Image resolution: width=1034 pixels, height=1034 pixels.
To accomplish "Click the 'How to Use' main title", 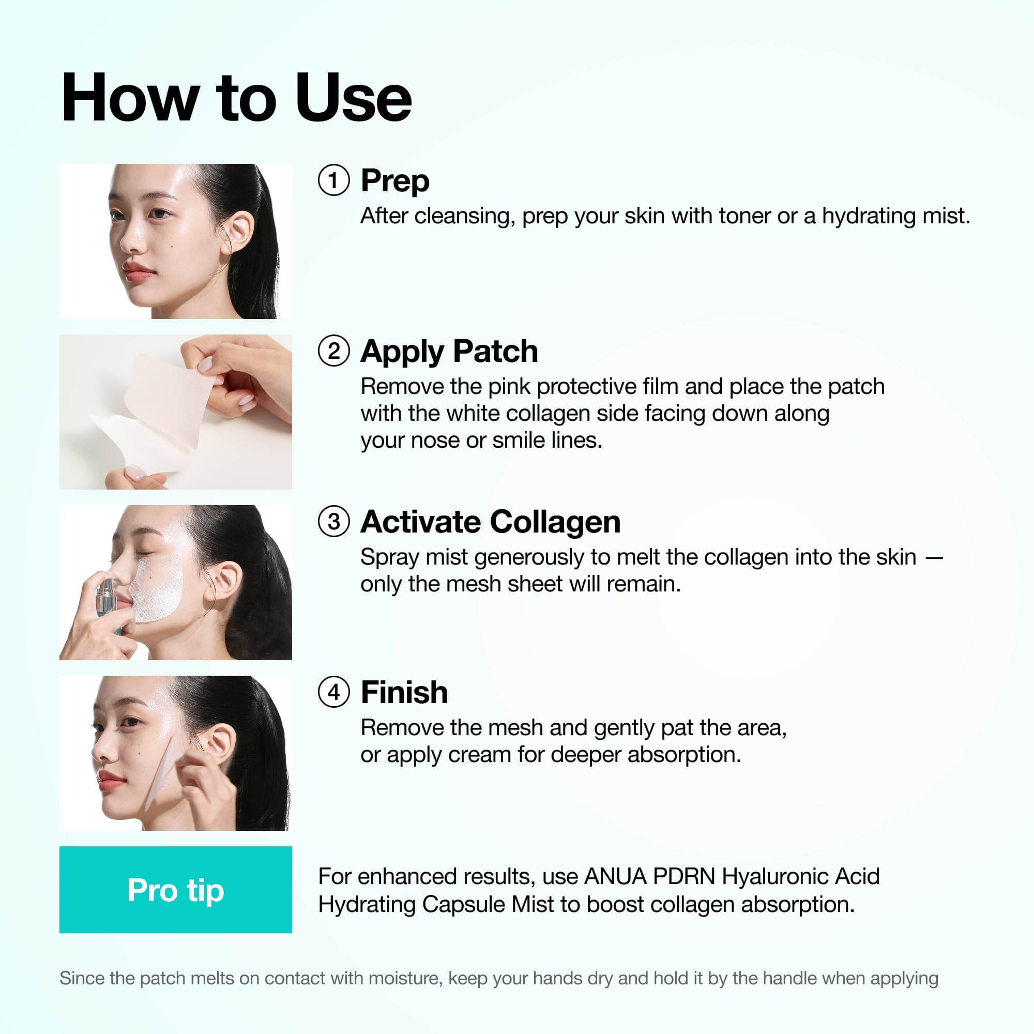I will (x=236, y=98).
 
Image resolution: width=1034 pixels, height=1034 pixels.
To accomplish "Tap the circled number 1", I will (x=333, y=180).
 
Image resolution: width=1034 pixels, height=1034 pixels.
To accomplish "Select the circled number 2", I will (x=333, y=351).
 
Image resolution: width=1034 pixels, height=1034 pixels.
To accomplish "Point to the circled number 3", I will (x=333, y=521).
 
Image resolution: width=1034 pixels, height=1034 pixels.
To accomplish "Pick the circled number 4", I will (x=333, y=692).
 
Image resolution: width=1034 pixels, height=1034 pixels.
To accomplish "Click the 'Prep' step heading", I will (x=395, y=181).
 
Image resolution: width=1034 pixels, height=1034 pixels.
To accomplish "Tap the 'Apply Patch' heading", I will (x=449, y=352).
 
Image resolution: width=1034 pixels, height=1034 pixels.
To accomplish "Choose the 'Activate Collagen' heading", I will (x=490, y=522).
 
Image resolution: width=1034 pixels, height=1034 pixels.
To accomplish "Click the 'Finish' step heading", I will (x=404, y=693).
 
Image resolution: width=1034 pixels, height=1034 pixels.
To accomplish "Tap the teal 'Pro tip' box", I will (x=176, y=889).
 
